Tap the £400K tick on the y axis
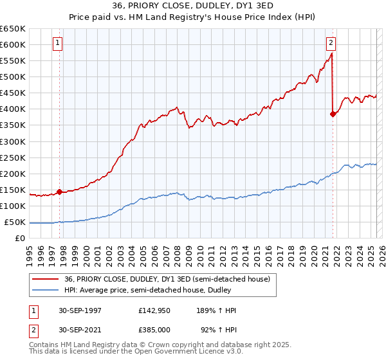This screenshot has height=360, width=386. tap(13, 109)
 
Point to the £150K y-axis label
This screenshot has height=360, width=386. tap(13, 190)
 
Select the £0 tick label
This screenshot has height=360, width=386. tap(20, 238)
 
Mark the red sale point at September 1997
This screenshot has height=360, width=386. tap(60, 192)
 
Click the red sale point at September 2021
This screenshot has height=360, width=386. tap(333, 114)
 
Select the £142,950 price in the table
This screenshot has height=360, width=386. tap(154, 310)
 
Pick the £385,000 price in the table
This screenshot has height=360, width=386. tap(154, 330)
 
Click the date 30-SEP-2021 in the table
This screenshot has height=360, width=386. tap(78, 330)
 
